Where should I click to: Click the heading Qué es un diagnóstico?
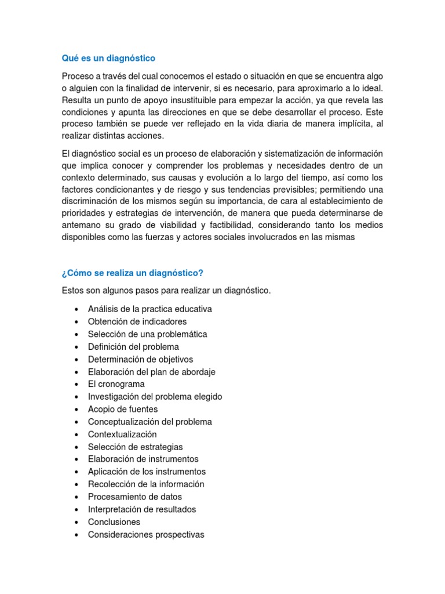108,59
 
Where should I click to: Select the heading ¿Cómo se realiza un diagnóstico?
133,273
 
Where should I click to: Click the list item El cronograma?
116,384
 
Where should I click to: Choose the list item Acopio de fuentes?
122,409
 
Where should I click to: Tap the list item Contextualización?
122,434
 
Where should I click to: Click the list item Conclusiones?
114,522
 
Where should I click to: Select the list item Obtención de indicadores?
137,321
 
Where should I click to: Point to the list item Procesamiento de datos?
134,497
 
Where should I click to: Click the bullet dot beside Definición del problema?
76,347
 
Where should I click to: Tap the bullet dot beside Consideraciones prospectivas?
76,535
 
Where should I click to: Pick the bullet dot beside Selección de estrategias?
76,447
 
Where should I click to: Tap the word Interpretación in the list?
115,509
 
